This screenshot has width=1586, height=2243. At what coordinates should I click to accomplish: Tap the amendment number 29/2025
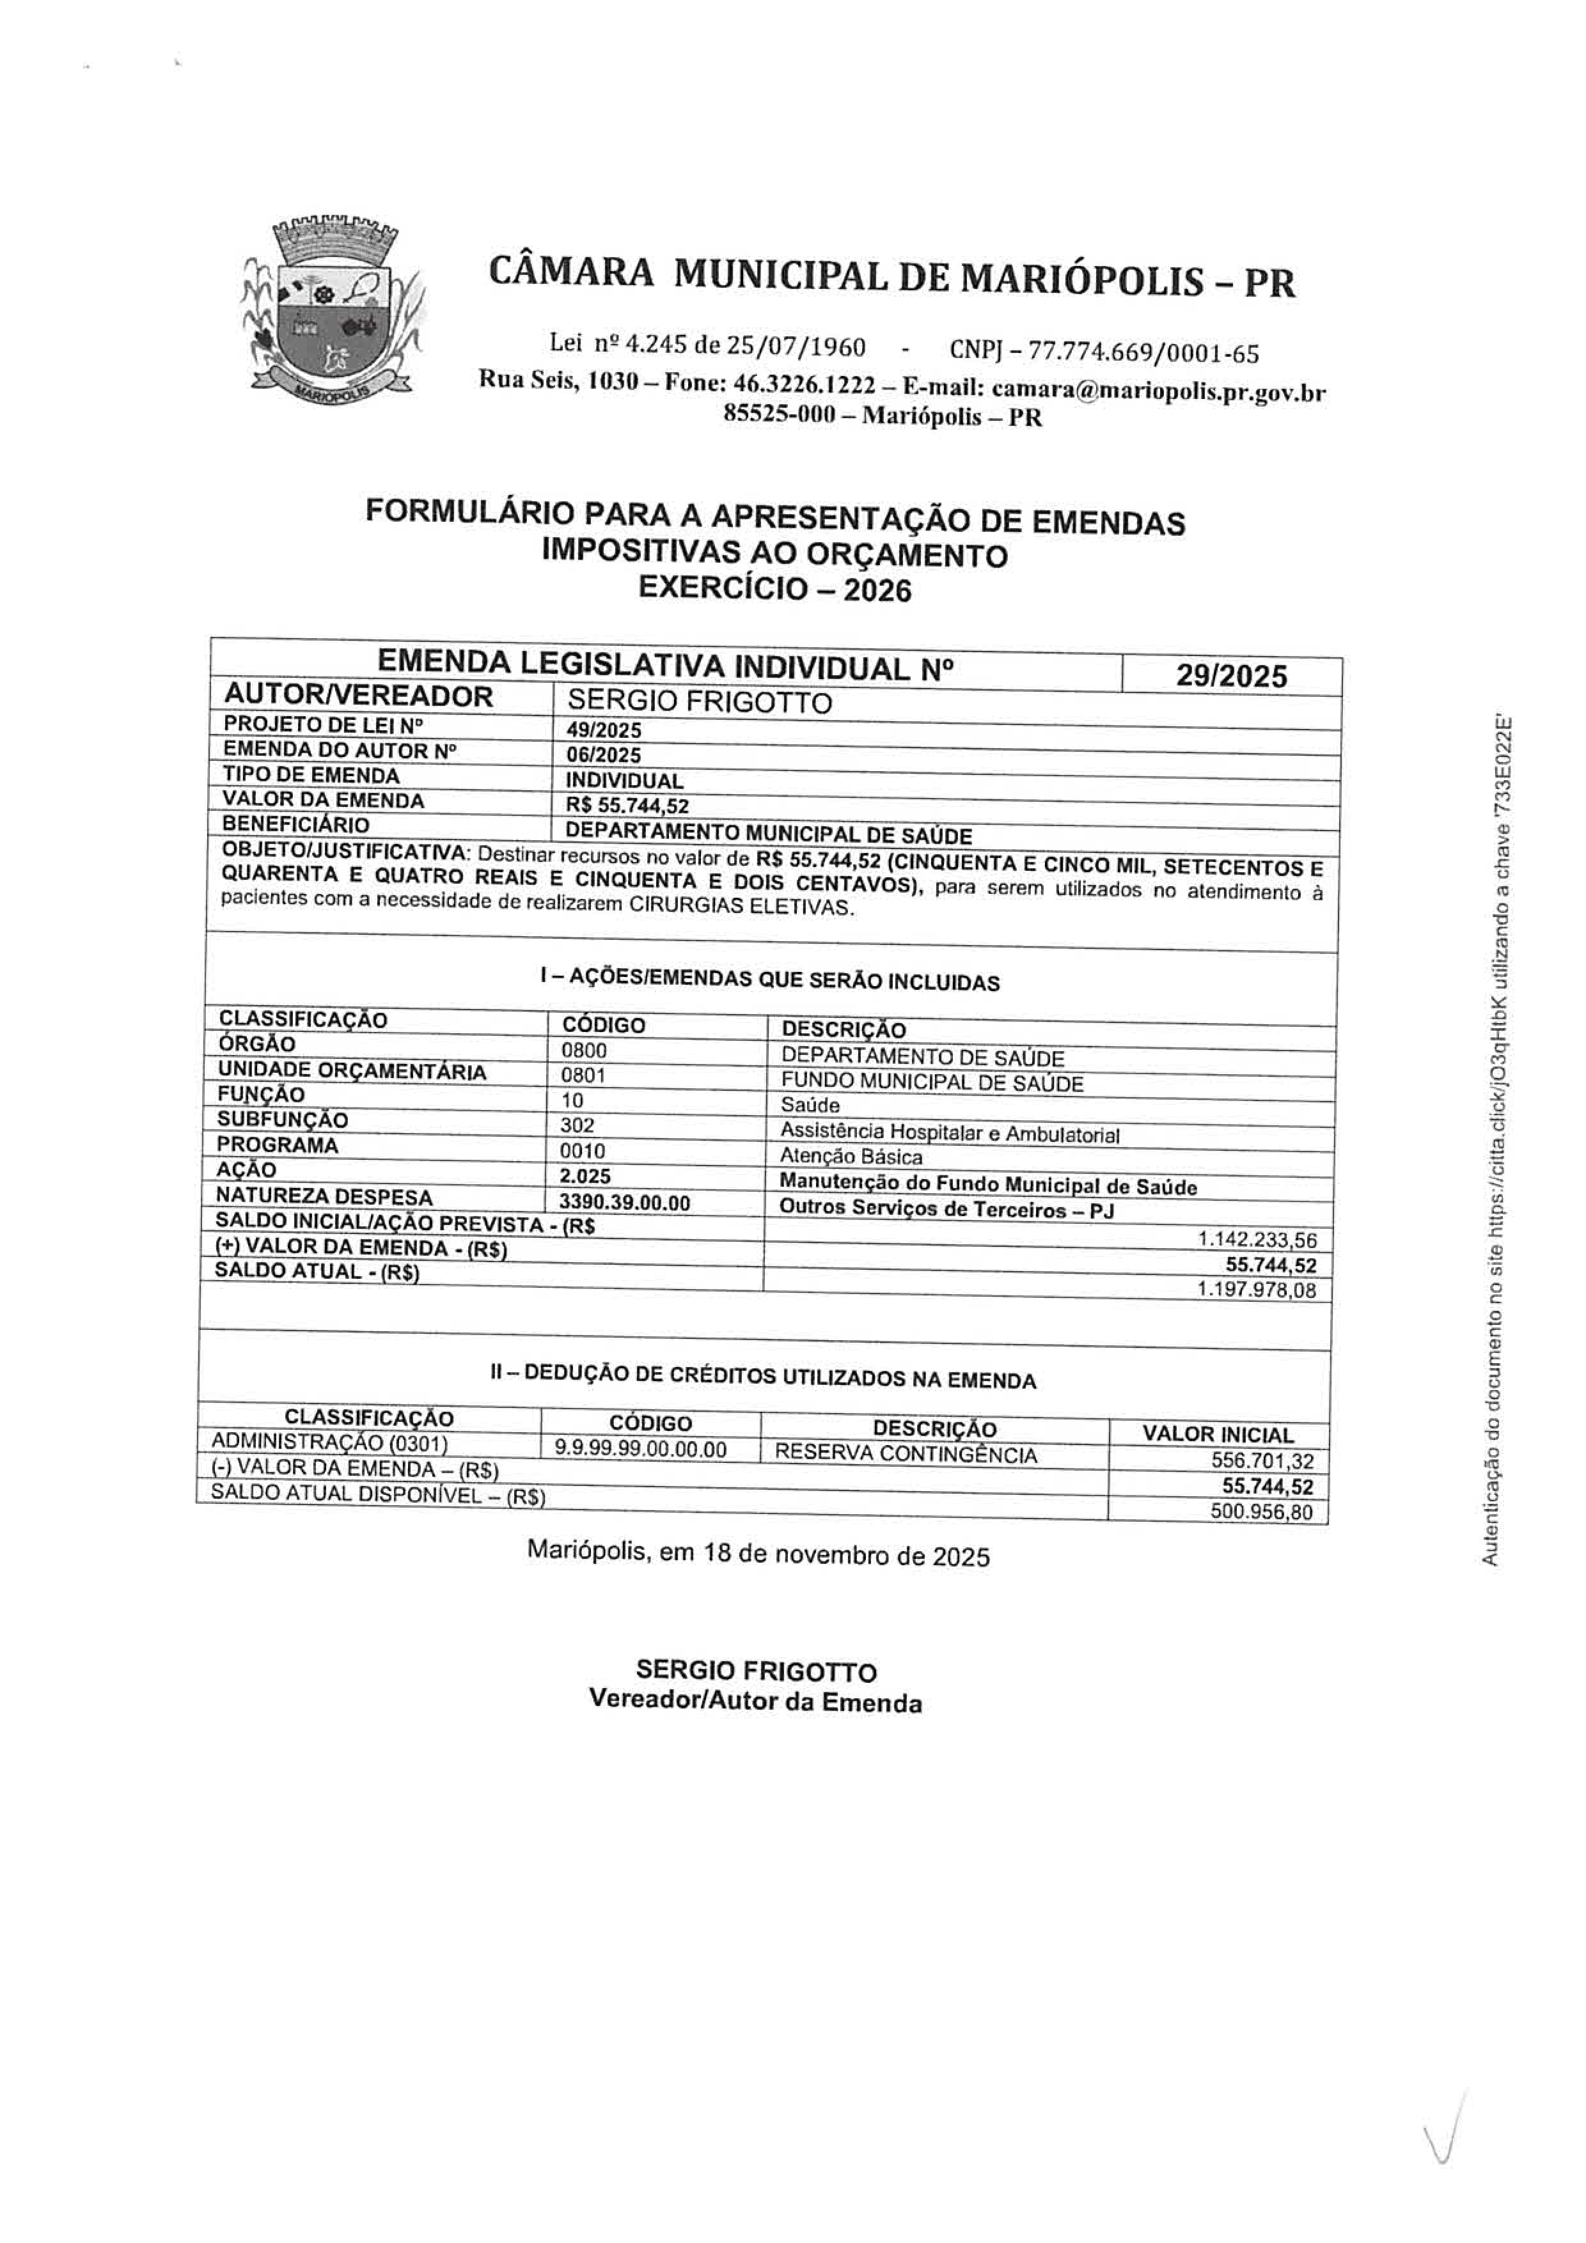click(x=1231, y=676)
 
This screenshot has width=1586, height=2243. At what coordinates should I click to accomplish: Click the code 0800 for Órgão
click(x=585, y=1050)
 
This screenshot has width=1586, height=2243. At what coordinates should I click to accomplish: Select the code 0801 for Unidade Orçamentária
click(x=585, y=1075)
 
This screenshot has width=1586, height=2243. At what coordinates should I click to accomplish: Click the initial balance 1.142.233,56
click(x=1257, y=1240)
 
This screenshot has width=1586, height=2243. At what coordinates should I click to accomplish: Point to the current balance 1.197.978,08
click(x=1257, y=1290)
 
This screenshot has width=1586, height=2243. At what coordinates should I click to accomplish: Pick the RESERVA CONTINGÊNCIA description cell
click(x=905, y=1453)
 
